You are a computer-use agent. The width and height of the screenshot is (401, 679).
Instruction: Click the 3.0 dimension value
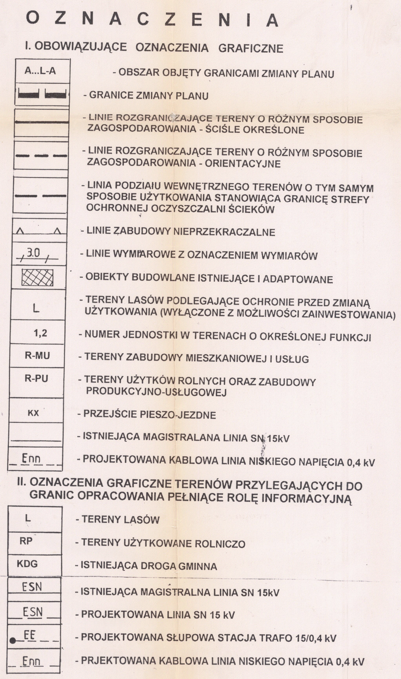pos(34,253)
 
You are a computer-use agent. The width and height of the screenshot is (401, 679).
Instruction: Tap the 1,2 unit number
pos(40,333)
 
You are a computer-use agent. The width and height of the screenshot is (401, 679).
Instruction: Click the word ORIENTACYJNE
pos(243,164)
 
